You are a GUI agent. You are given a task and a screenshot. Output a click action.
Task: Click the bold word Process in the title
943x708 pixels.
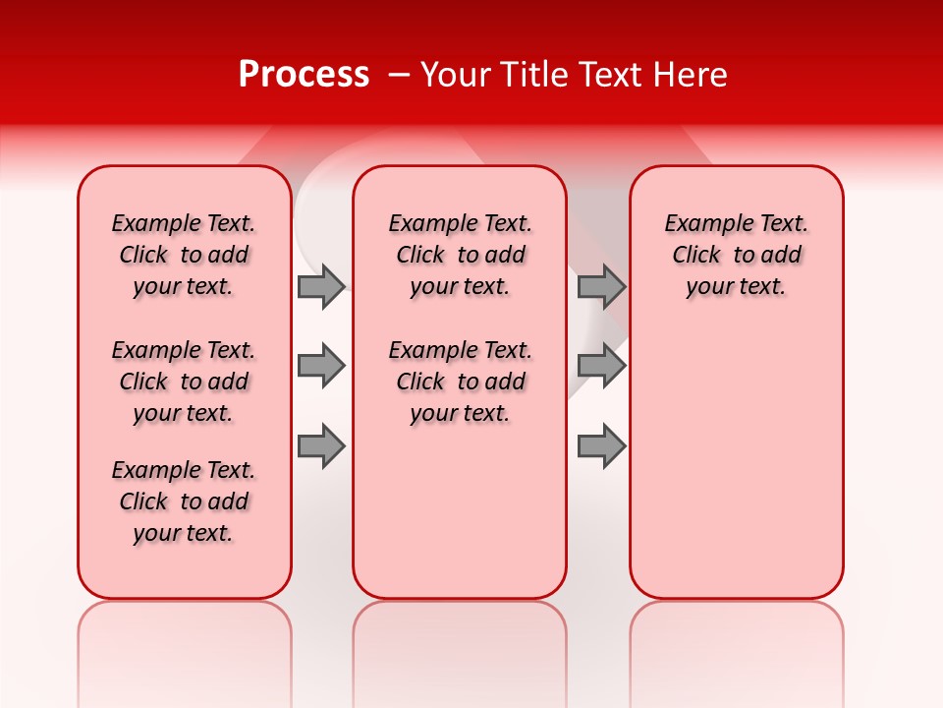pos(303,75)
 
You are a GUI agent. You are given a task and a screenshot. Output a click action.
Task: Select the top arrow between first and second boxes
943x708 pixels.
pos(321,286)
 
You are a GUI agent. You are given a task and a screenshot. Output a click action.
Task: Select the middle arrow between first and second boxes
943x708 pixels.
pos(321,366)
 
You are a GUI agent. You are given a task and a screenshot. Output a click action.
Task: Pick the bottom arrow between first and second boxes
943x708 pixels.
pos(321,445)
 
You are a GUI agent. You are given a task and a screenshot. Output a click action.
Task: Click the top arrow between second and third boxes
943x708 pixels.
pos(601,286)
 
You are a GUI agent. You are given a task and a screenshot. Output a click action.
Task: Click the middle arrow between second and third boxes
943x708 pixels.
pos(601,366)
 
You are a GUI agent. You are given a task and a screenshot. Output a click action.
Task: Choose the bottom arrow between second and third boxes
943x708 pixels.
pos(601,445)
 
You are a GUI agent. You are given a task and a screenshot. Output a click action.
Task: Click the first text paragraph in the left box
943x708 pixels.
pos(184,255)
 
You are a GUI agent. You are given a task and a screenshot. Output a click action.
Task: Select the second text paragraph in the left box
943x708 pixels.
pos(184,382)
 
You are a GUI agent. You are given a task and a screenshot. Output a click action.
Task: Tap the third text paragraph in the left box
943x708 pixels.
pos(184,501)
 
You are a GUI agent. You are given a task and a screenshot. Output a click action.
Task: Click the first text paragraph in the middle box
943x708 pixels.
pos(460,255)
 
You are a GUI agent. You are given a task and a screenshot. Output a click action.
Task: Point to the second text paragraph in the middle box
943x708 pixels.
pos(460,382)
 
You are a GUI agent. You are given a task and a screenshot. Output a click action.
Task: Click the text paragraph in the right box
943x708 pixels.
pos(736,255)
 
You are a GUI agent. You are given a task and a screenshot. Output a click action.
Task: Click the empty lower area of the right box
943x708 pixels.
pos(736,462)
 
